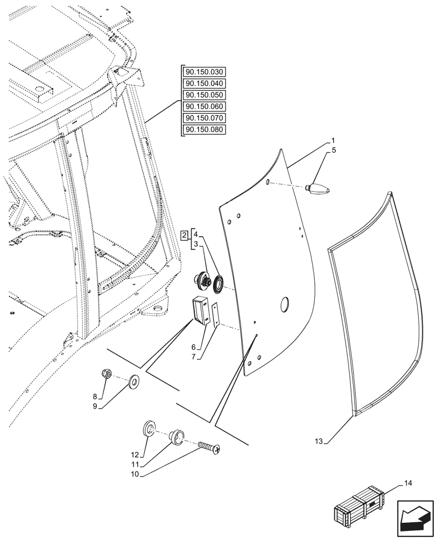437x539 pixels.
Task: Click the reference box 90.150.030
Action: click(205, 72)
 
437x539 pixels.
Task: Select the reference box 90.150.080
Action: click(205, 130)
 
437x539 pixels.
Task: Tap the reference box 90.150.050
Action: click(205, 95)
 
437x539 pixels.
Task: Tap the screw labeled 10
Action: click(209, 447)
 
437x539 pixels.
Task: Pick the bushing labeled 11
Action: click(177, 436)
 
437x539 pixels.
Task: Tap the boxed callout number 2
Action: click(184, 236)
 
